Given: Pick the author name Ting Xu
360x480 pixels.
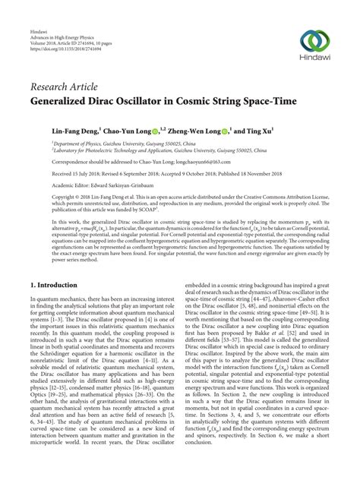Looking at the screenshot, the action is tap(261, 131).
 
